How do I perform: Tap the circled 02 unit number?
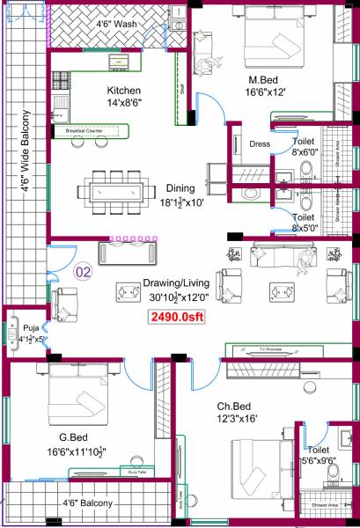point(84,271)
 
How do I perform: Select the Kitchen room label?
point(124,92)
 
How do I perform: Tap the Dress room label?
point(260,143)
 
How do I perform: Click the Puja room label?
point(19,324)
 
